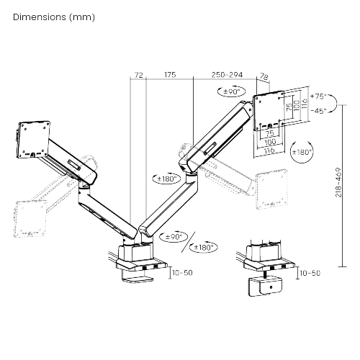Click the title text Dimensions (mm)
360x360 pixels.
pyautogui.click(x=54, y=17)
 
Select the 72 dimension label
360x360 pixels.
pyautogui.click(x=139, y=75)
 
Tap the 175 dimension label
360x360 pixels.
pyautogui.click(x=170, y=75)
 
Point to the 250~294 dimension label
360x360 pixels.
pyautogui.click(x=227, y=75)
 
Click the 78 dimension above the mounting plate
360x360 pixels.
pyautogui.click(x=264, y=77)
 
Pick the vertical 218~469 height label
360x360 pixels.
pyautogui.click(x=338, y=182)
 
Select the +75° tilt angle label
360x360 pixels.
pyautogui.click(x=318, y=96)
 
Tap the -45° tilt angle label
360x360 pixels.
pyautogui.click(x=318, y=111)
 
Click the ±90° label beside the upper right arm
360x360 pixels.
pyautogui.click(x=232, y=91)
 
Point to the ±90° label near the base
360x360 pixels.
pyautogui.click(x=174, y=237)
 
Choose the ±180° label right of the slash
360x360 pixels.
pyautogui.click(x=204, y=247)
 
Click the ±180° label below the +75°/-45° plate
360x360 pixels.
pyautogui.click(x=302, y=152)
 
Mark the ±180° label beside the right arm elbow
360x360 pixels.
pyautogui.click(x=167, y=179)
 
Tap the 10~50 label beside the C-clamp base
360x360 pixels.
pyautogui.click(x=182, y=273)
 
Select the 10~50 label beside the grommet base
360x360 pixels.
pyautogui.click(x=310, y=273)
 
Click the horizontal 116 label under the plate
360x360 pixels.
pyautogui.click(x=269, y=150)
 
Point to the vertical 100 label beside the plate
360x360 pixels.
pyautogui.click(x=297, y=105)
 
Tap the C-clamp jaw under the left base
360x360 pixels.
pyautogui.click(x=138, y=279)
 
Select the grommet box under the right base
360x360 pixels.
pyautogui.click(x=266, y=287)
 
